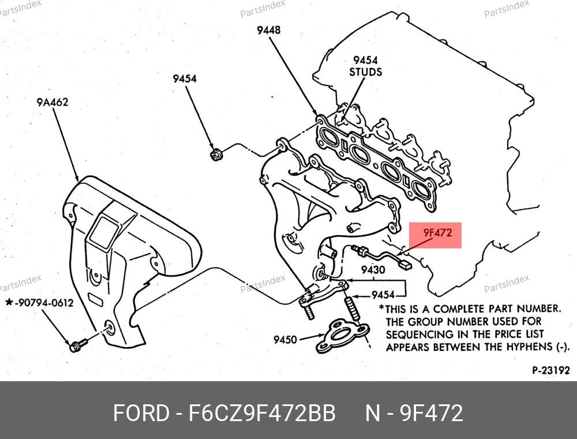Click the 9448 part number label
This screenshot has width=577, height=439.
coord(269,30)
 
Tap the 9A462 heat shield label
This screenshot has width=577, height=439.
coord(53,102)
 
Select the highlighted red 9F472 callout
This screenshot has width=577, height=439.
coord(436,235)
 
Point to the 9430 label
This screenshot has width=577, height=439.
coord(373,270)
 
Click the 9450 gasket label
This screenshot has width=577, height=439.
coord(285,339)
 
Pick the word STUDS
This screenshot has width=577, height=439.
coord(366,72)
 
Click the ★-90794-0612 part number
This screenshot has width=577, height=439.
coord(39,303)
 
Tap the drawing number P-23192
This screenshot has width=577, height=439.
coord(551,370)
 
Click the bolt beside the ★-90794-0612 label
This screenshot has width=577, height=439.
coord(78,345)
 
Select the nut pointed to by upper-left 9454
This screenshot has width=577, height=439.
coord(215,154)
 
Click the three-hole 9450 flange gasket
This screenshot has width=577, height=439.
coord(342,336)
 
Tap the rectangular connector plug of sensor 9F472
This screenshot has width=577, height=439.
coord(406,264)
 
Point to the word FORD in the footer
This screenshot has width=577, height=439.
coord(141,413)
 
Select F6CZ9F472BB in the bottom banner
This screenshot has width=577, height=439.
coord(262,413)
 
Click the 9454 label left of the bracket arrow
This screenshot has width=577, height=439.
coord(383,295)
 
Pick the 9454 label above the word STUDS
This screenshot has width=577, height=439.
coord(365,60)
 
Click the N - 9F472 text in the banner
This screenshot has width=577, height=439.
coord(414,413)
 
